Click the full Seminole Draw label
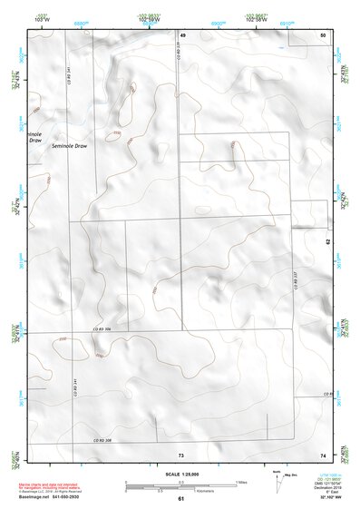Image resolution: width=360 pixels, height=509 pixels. click(70, 146)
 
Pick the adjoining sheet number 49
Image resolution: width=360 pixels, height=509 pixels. click(181, 34)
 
